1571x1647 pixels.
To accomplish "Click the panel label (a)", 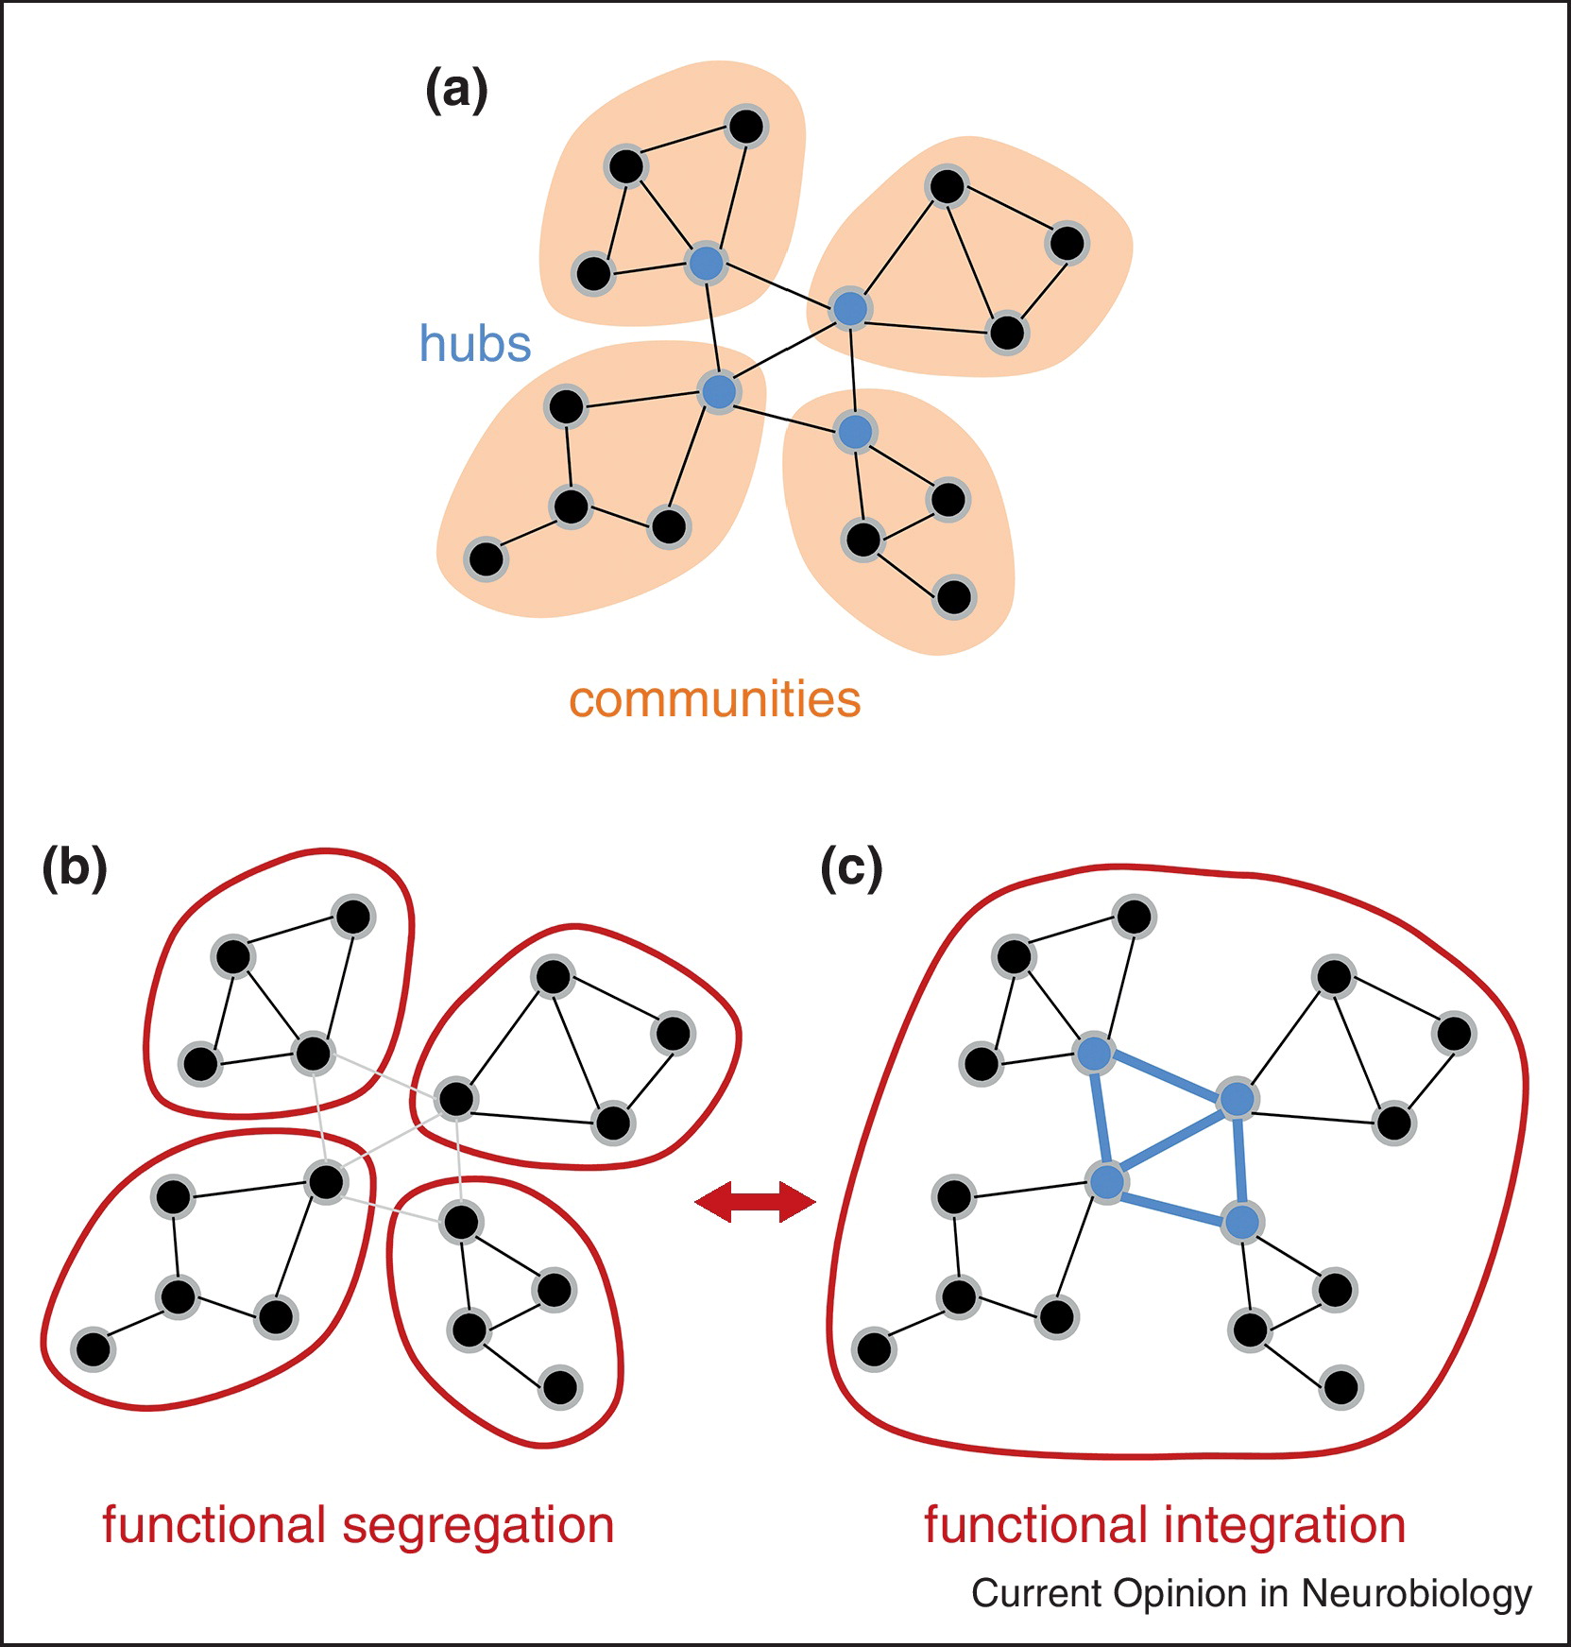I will tap(456, 92).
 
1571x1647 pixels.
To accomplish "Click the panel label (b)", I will tap(75, 868).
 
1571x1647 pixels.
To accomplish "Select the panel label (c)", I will tap(851, 868).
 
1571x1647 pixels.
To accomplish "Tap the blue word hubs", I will tap(474, 344).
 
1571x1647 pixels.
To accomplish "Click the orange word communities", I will tap(714, 700).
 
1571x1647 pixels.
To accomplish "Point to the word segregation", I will tap(478, 1527).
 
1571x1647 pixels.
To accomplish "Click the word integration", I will tap(1284, 1527).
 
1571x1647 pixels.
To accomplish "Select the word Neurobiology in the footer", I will tap(1416, 1594).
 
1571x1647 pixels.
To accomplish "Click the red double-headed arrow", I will tap(755, 1202).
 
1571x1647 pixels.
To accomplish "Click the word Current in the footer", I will tap(1036, 1594).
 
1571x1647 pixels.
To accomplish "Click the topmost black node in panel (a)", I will tap(746, 127).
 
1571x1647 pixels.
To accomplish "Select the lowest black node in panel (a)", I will tap(954, 597).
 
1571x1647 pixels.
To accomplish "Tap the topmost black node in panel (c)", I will tap(1134, 916).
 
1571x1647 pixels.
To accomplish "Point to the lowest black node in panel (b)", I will tap(560, 1387).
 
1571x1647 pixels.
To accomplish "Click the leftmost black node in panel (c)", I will tap(873, 1348).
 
